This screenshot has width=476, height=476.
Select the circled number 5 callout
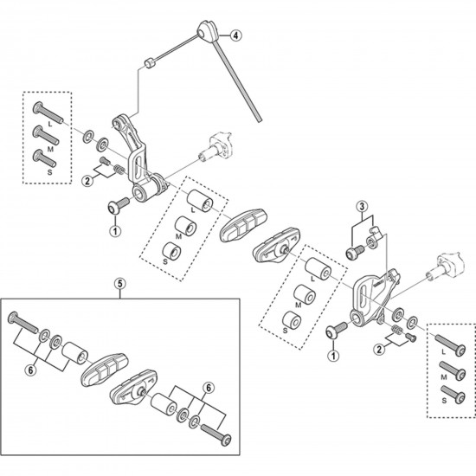click(119, 282)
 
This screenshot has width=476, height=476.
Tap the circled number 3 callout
click(363, 207)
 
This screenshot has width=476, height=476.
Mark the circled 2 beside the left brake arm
click(87, 180)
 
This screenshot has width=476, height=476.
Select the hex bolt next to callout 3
click(355, 250)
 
